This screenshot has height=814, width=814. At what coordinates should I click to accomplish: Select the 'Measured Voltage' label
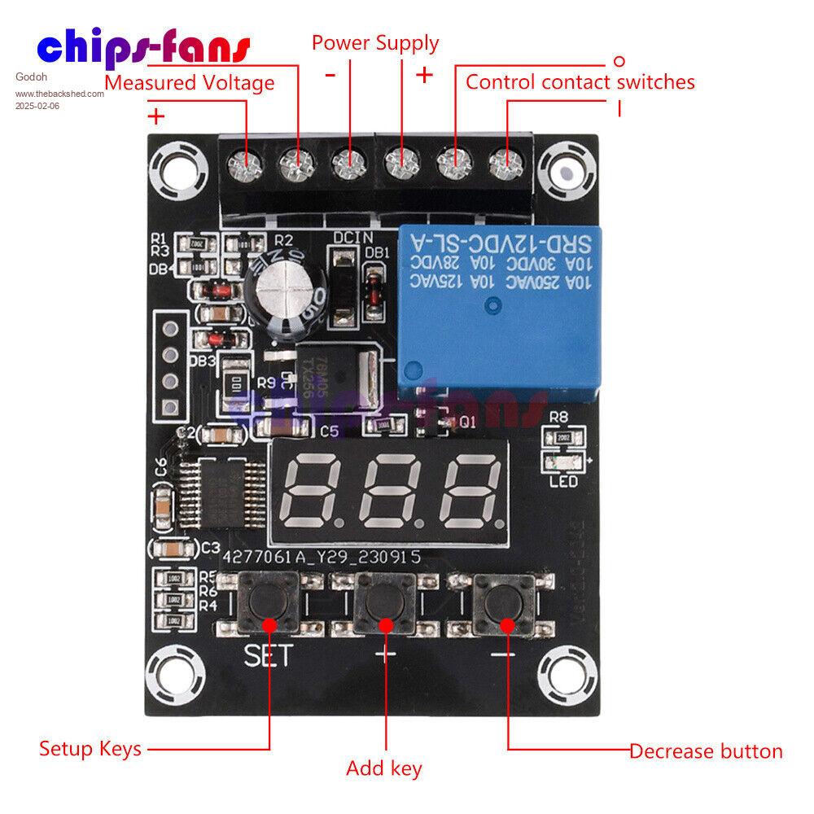[190, 82]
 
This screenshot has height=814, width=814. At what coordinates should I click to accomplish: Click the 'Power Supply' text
[375, 42]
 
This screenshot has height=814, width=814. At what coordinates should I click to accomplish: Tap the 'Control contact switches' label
[580, 81]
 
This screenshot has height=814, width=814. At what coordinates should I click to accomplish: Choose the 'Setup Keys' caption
[90, 749]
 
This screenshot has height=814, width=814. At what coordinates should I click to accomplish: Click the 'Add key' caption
[384, 768]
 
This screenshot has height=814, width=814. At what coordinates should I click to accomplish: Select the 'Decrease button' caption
[706, 751]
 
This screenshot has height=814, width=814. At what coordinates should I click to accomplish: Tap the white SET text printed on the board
[267, 656]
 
